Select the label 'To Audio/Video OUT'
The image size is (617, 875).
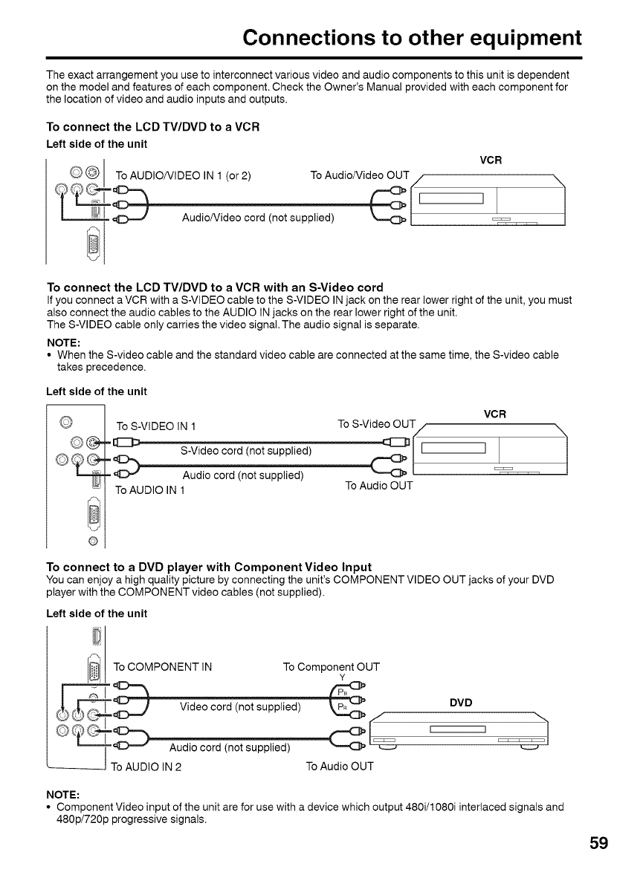(359, 175)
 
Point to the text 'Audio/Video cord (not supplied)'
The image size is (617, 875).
(258, 218)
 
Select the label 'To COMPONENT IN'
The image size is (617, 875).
(164, 666)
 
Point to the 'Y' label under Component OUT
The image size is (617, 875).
(342, 677)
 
